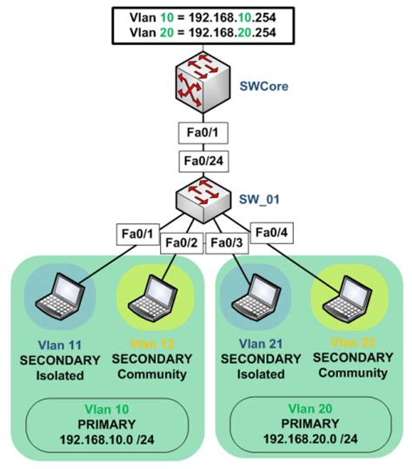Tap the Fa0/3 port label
tap(229, 241)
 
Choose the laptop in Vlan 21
tap(251, 296)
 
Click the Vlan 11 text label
tap(58, 344)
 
